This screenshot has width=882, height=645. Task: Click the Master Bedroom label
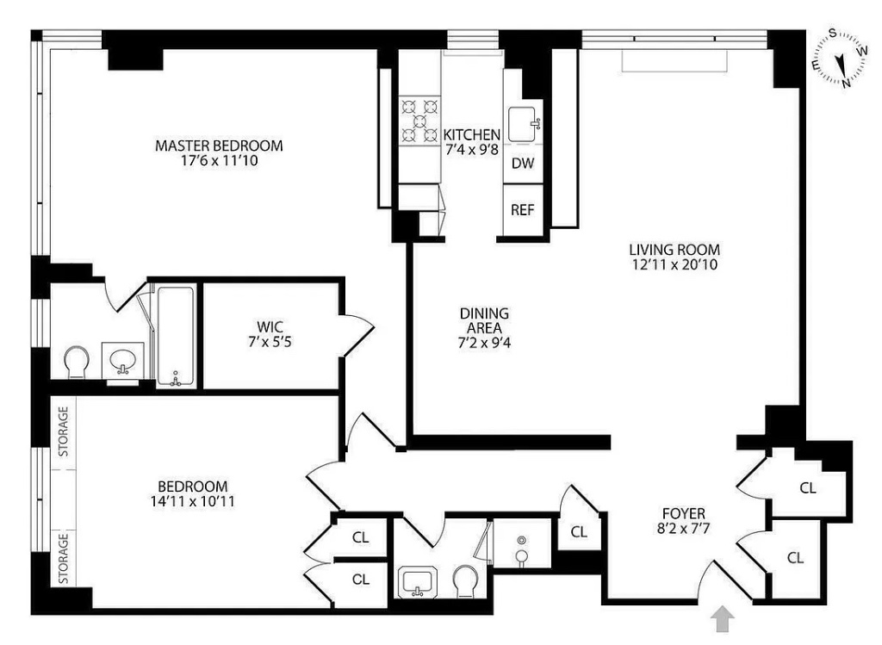[218, 146]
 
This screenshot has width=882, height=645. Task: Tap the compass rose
[840, 59]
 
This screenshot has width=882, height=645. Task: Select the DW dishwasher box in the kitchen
[523, 164]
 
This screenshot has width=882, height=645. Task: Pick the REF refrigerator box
[523, 209]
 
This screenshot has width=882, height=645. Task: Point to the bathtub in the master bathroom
[176, 333]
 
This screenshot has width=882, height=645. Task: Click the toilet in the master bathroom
[77, 362]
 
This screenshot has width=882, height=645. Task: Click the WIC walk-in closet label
[270, 326]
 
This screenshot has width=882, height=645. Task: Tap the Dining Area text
[483, 313]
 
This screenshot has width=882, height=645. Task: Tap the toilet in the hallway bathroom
[466, 583]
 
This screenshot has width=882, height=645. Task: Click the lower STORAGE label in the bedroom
[64, 557]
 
